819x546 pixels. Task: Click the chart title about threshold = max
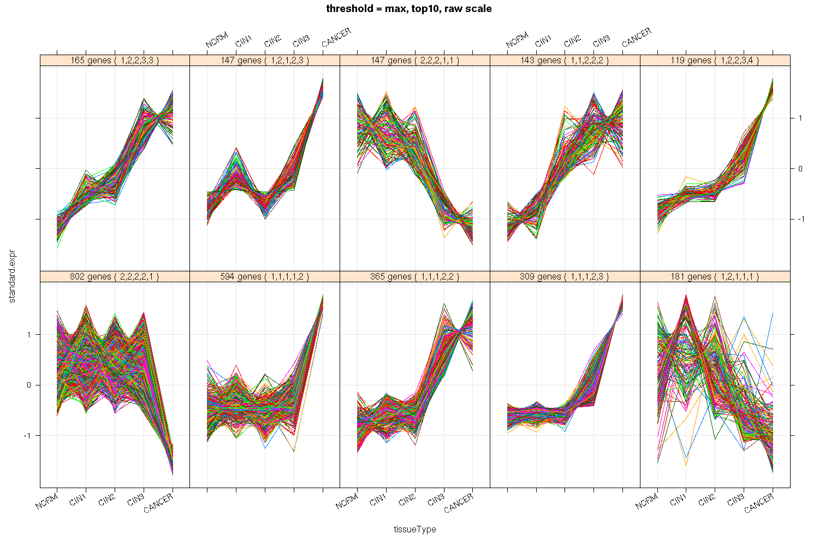coord(409,8)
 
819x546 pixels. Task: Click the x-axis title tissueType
coord(415,529)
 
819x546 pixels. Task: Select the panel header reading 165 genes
coord(115,61)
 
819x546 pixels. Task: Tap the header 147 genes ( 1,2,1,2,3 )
coord(265,61)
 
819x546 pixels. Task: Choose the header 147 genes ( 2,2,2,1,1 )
coord(415,61)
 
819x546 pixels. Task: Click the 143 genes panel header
coord(565,61)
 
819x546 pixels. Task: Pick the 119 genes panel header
coord(715,61)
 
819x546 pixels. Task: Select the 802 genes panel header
coord(115,277)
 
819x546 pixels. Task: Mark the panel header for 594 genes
coord(265,277)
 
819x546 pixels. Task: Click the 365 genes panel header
coord(415,277)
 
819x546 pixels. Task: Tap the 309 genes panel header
coord(565,277)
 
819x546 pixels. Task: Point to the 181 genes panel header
coord(715,277)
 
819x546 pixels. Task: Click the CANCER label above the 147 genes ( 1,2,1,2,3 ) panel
coord(336,37)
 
